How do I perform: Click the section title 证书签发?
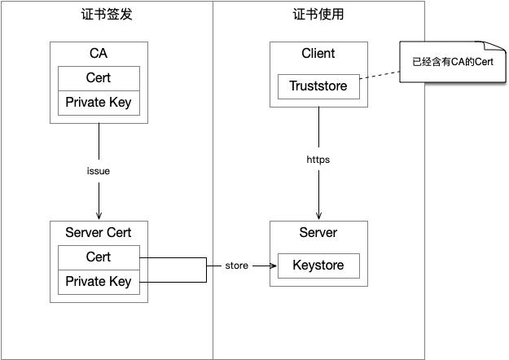coord(107,15)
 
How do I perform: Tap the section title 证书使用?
coord(318,15)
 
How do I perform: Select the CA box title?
coord(99,55)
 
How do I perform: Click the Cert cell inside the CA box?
coord(99,78)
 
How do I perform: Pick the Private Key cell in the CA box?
coord(99,103)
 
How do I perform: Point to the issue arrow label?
coord(99,172)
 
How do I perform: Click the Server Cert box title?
coord(99,233)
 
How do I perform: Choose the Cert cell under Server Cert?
coord(99,257)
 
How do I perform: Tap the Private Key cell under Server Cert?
coord(99,282)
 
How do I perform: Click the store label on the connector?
coord(237,266)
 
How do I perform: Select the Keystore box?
coord(318,266)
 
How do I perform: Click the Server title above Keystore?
coord(318,233)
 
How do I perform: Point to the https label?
coord(318,160)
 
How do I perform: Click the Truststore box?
coord(318,86)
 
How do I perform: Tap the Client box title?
coord(318,55)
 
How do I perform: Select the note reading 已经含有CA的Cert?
coord(453,62)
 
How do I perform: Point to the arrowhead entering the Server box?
coord(318,217)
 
